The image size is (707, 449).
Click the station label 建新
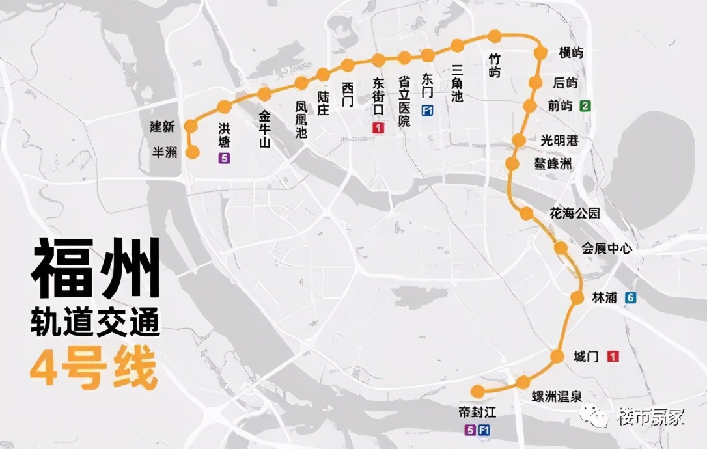coord(162,127)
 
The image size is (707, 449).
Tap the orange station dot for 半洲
coord(193,152)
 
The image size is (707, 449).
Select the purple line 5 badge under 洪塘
coord(225,157)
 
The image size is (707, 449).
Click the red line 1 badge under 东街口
coord(378,128)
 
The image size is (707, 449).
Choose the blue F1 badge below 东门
coord(428,109)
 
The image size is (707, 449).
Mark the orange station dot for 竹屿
coord(495,36)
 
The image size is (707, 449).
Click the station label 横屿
coord(570,53)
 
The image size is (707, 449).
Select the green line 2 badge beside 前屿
coord(587,106)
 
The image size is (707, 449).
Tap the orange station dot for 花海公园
coord(527,213)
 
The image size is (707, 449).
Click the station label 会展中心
coord(606,249)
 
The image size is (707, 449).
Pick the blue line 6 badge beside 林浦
coord(630,297)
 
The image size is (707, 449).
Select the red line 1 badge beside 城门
coord(613,357)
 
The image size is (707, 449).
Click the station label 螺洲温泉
coord(557,397)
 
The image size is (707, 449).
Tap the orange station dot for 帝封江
coord(478,391)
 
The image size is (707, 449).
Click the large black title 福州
coord(96,268)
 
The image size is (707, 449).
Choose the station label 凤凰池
coord(301,119)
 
